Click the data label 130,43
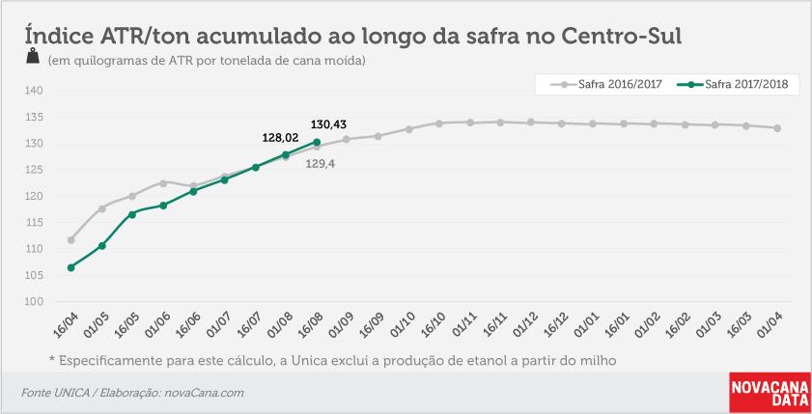[x=328, y=124]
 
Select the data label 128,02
[x=281, y=138]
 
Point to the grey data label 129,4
[x=321, y=164]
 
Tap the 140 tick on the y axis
[x=34, y=91]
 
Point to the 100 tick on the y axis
[x=34, y=302]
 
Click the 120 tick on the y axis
[x=34, y=197]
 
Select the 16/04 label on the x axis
[x=66, y=324]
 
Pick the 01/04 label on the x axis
[x=770, y=324]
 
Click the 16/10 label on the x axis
[x=433, y=324]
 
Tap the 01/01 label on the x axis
[x=586, y=324]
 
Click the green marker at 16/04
[x=70, y=267]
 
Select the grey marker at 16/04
[x=70, y=240]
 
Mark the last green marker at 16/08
[x=317, y=142]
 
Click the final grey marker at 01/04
[x=777, y=127]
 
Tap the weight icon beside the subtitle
[x=33, y=56]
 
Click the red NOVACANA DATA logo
[x=770, y=393]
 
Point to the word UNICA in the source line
[x=71, y=393]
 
